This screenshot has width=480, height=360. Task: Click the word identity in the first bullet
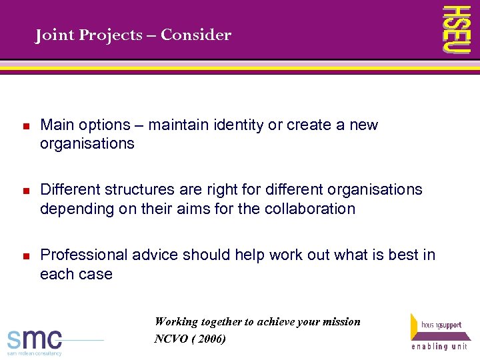click(x=238, y=125)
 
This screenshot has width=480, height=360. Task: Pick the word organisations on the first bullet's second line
click(x=87, y=144)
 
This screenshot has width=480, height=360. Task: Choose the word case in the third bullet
click(x=95, y=274)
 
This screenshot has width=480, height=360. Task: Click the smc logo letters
click(x=35, y=339)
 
